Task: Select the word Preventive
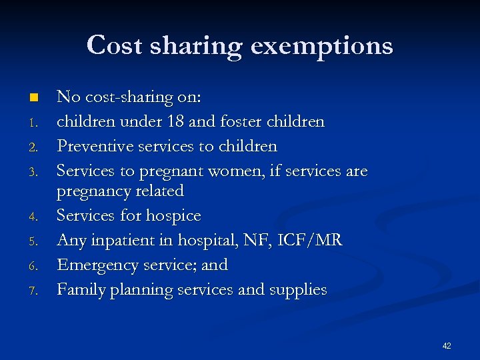pos(94,145)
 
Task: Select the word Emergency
pos(96,265)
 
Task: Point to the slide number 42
pos(446,345)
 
